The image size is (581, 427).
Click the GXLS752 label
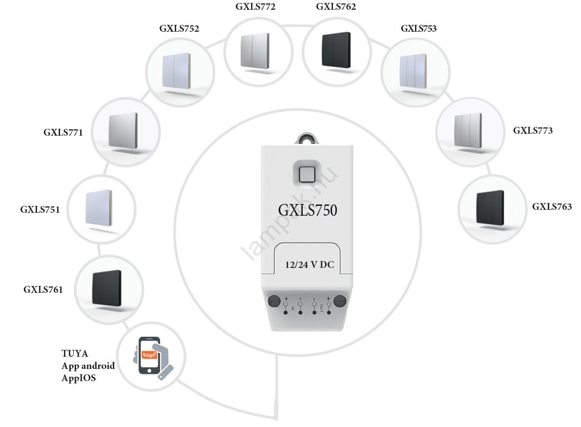(179, 28)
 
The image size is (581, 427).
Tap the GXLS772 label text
(254, 7)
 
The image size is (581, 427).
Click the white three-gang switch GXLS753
(414, 72)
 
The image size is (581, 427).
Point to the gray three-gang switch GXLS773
(468, 130)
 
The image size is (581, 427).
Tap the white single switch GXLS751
(99, 207)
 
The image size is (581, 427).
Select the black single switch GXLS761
(107, 288)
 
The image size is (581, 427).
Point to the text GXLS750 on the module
(308, 210)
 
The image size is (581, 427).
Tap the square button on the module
(307, 174)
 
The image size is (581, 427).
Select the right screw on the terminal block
(340, 300)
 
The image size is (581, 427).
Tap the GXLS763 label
(552, 207)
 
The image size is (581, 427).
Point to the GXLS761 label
(43, 289)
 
